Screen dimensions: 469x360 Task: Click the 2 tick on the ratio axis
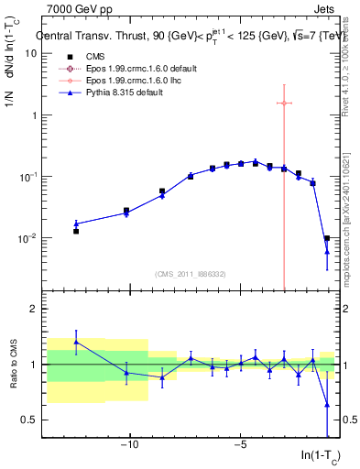coord(33,309)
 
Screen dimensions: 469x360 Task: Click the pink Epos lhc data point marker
coord(284,103)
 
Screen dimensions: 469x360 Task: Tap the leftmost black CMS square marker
coord(76,232)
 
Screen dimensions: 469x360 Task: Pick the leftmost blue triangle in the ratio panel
coord(76,342)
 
